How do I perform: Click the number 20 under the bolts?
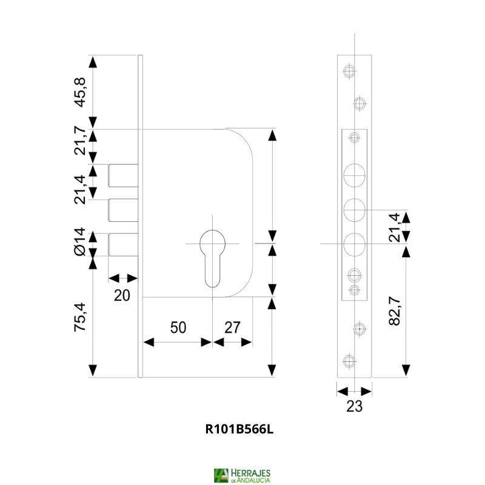[x=122, y=295]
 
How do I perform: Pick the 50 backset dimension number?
[x=177, y=327]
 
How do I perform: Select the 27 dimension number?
[x=233, y=327]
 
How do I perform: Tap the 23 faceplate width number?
[x=354, y=407]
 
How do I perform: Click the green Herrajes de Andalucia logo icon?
[x=221, y=475]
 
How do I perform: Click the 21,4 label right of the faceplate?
[x=395, y=227]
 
